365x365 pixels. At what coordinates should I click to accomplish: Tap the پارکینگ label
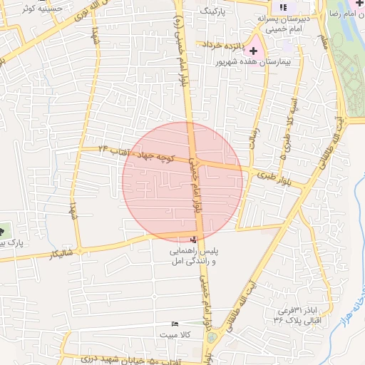(x=212, y=12)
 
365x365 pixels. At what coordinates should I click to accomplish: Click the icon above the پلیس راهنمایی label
(x=193, y=240)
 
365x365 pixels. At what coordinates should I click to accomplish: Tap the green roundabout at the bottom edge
(x=212, y=356)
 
